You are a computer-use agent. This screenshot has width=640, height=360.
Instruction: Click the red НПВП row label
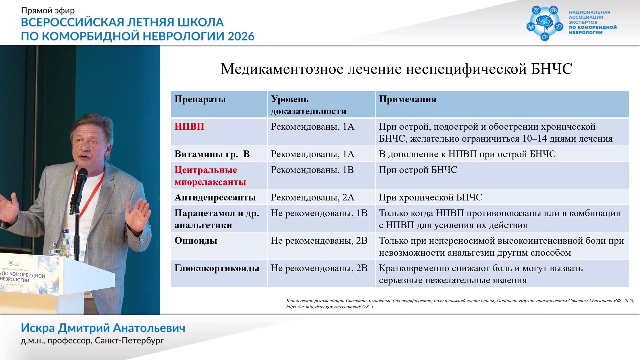click(x=189, y=127)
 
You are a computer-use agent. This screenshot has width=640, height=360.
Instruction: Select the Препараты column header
click(x=200, y=99)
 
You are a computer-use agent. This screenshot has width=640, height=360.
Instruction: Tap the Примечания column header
click(x=407, y=99)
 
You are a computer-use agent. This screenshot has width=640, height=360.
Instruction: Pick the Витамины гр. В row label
click(x=212, y=154)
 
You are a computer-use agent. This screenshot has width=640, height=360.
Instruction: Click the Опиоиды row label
click(x=196, y=241)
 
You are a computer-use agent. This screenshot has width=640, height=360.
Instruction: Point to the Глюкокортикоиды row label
click(x=217, y=268)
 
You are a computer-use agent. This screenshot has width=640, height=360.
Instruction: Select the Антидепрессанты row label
click(x=215, y=198)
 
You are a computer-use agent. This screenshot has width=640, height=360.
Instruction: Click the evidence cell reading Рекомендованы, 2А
click(x=312, y=197)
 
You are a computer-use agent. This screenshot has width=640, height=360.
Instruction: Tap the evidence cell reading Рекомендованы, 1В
click(x=312, y=170)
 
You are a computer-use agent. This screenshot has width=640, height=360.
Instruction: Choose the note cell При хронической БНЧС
click(x=430, y=197)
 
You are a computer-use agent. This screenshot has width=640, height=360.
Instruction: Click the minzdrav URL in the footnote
click(x=330, y=307)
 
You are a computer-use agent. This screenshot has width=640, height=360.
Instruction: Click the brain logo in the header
click(x=545, y=23)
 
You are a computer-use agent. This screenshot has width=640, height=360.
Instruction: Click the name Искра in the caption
click(x=38, y=328)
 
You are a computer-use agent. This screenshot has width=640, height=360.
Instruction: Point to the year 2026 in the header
click(x=241, y=36)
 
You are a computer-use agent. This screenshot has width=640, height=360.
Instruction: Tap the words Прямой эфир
click(x=48, y=11)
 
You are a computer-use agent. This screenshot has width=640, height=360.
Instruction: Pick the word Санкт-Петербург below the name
click(x=129, y=341)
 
